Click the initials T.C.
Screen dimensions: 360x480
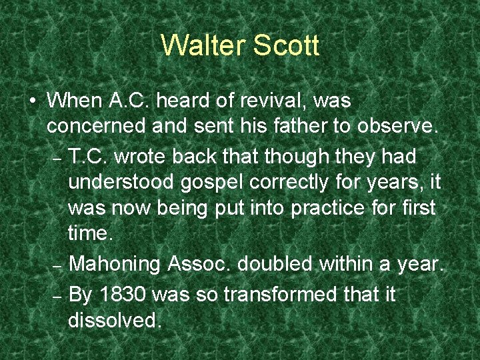click(x=91, y=156)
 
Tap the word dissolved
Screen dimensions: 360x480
click(x=115, y=320)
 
